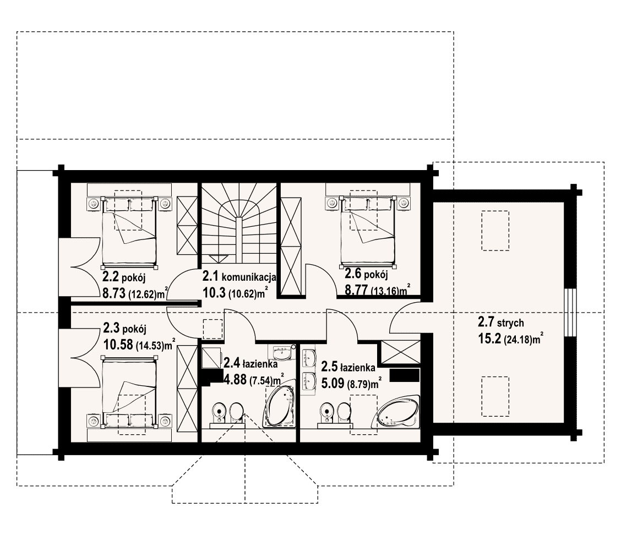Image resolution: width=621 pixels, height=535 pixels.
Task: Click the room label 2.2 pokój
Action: tap(124, 277)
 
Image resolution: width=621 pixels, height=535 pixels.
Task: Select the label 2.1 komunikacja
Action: tap(239, 276)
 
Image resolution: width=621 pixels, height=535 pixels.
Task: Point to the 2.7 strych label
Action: tap(500, 323)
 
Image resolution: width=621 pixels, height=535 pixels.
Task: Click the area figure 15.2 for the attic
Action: tap(489, 339)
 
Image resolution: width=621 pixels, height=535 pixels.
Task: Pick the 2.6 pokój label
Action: tap(366, 274)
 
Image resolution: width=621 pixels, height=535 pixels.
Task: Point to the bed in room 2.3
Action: tap(129, 392)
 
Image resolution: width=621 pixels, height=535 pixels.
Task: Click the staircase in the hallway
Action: tap(239, 223)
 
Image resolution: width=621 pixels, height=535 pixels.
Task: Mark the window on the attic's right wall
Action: tap(569, 313)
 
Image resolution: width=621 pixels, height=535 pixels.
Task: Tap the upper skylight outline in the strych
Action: tap(495, 231)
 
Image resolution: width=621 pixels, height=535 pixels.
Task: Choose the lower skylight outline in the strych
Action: tap(495, 396)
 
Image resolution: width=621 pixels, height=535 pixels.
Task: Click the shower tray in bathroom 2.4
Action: tap(211, 358)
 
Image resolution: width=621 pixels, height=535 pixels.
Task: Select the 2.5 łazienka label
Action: tap(348, 367)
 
